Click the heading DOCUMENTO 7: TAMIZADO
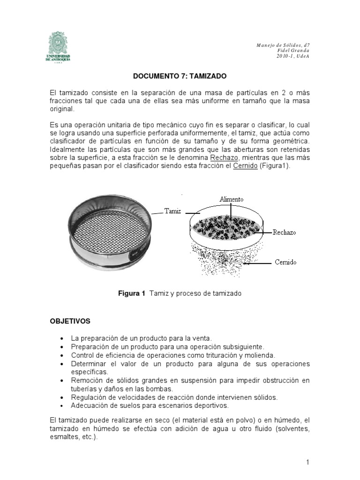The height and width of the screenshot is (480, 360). pos(180,76)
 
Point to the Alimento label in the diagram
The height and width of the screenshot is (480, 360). pos(231,200)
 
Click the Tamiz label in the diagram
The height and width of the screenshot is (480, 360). pos(172,211)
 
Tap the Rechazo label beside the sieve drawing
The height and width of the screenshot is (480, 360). pos(285,232)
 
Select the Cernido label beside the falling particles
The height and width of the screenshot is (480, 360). pos(285,262)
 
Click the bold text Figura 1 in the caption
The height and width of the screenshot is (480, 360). pos(131,293)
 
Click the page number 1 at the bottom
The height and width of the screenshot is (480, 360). pos(307,462)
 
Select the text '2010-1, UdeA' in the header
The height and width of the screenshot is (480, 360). pos(293,56)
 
